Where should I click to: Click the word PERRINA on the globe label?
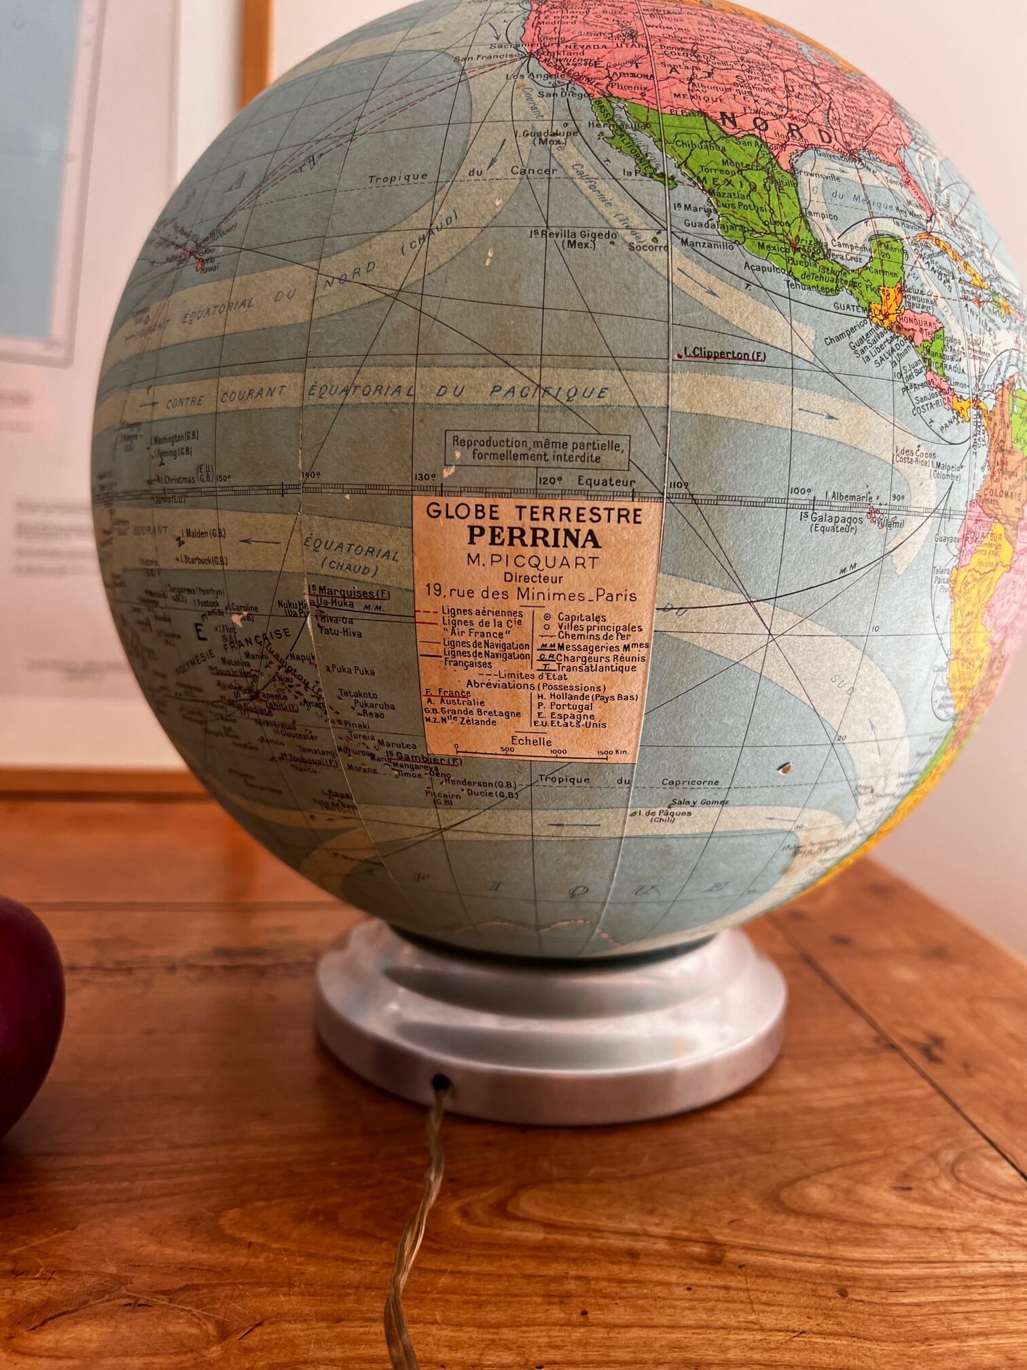534,538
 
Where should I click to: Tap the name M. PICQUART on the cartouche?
533,562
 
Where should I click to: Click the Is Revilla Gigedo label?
574,238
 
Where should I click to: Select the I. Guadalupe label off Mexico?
552,136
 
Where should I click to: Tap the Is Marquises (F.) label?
343,590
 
